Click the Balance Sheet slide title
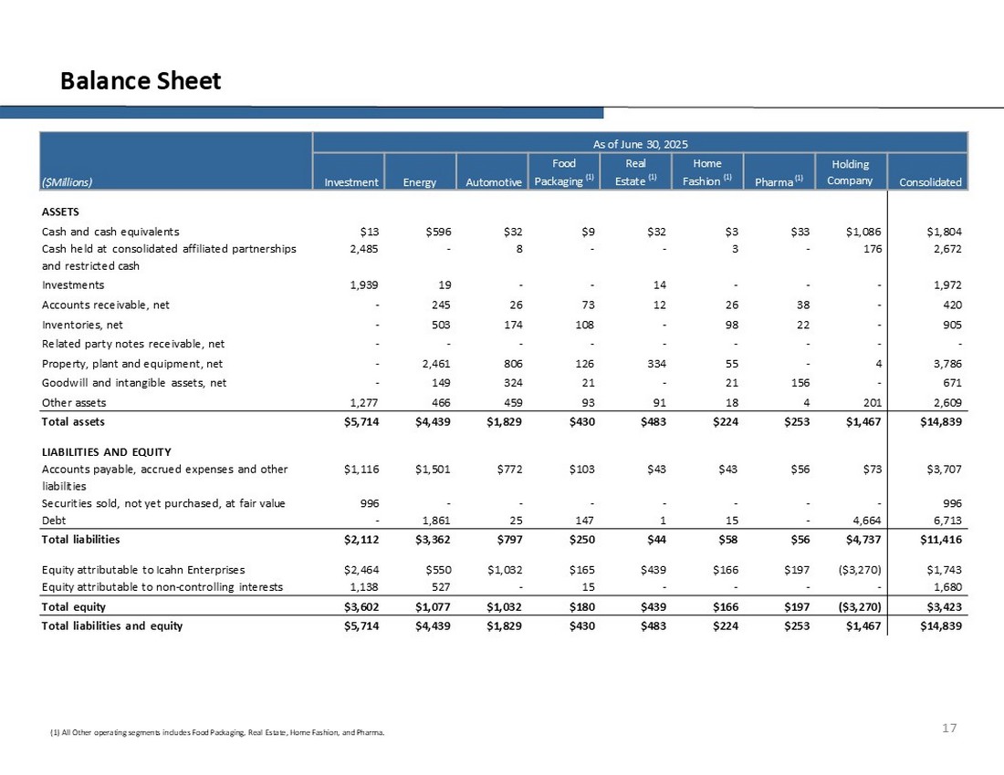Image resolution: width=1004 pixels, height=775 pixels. (x=141, y=81)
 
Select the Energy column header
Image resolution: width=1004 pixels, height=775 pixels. (x=420, y=181)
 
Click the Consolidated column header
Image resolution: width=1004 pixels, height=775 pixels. (x=930, y=181)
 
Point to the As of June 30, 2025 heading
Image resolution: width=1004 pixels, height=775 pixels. (x=640, y=144)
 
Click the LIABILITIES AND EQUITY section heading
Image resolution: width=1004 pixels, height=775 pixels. (x=107, y=451)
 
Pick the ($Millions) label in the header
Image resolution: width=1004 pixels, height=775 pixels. (x=68, y=181)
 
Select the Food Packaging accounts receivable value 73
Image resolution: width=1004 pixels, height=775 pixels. (x=585, y=304)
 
